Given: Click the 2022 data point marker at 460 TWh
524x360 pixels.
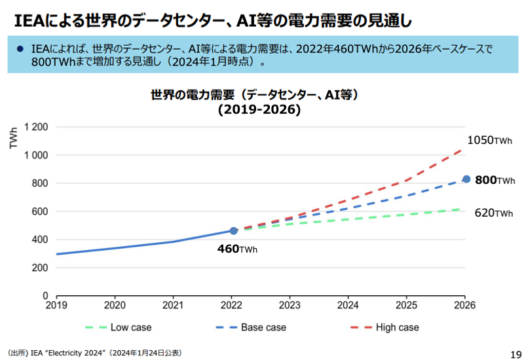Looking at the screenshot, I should coord(234,230).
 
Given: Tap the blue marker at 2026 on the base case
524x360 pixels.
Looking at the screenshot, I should coord(466,179).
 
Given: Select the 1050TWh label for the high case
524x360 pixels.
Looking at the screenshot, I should coord(489,140).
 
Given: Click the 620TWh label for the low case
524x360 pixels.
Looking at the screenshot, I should coord(494,213).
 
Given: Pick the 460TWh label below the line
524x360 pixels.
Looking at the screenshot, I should coord(237,249).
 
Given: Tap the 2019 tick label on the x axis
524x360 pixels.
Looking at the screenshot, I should coord(56,306).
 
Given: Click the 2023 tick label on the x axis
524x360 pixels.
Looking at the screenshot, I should coord(290,306).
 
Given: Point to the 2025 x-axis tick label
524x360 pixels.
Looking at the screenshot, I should coord(406,306).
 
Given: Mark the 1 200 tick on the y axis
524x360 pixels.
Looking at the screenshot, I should coord(37,127).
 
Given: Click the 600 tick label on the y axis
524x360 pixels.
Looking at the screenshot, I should coord(41,211).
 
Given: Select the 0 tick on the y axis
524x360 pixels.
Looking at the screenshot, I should coord(46,296).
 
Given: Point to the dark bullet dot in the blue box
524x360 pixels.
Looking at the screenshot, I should coord(20,49).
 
